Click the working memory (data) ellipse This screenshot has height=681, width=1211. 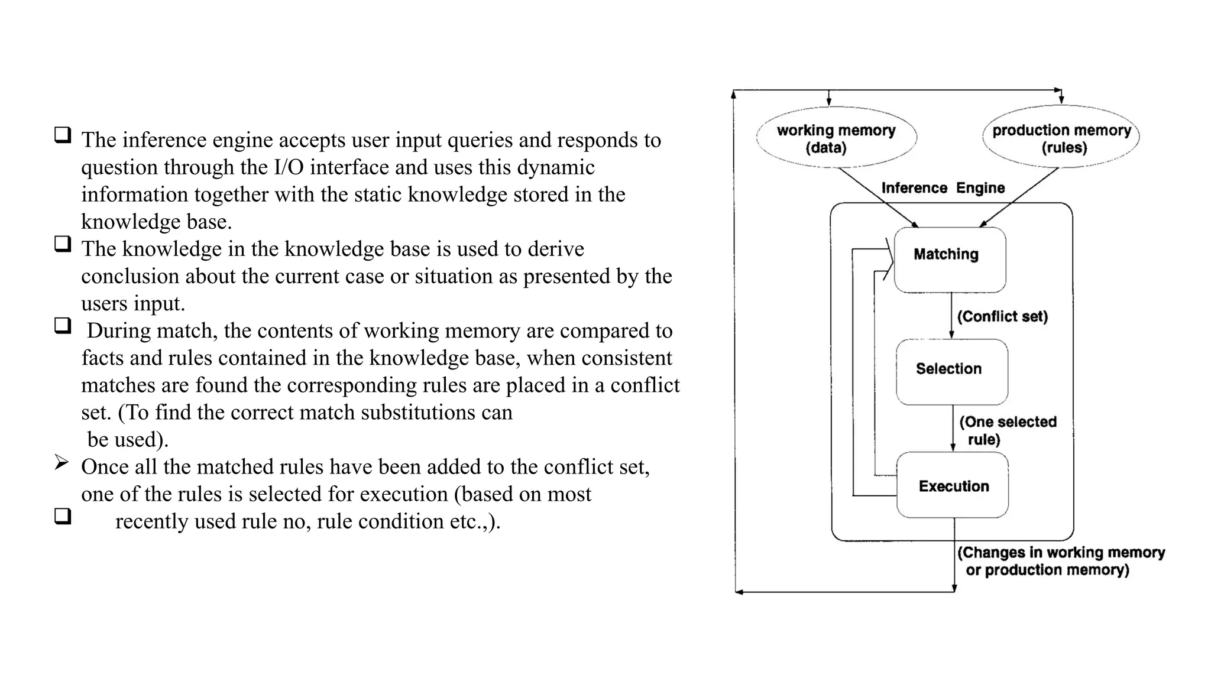836,138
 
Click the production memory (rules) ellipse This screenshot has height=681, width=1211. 1061,138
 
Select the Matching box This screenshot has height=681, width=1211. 950,260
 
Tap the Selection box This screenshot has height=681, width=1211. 951,371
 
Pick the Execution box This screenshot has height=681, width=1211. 953,485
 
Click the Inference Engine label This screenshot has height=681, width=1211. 943,188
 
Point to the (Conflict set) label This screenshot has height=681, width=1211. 1002,316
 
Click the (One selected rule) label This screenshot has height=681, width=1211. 1007,430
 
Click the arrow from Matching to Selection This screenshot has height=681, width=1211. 951,316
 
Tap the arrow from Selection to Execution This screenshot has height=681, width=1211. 953,429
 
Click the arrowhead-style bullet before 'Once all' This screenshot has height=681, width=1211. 61,462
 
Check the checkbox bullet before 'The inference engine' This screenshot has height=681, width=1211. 63,135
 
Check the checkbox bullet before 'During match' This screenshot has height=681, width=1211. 63,326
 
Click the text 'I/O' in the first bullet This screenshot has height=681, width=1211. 289,167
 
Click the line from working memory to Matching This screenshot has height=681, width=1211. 878,197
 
